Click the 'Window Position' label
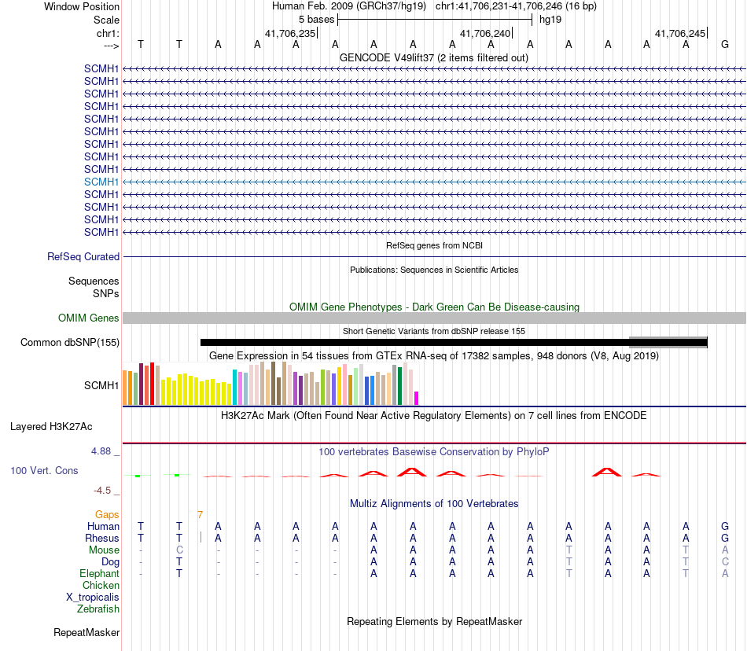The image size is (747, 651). pyautogui.click(x=82, y=6)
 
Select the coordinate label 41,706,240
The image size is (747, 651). pyautogui.click(x=485, y=33)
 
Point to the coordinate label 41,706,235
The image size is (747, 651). pyautogui.click(x=290, y=33)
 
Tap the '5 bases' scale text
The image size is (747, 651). pyautogui.click(x=316, y=20)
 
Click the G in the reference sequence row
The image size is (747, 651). pyautogui.click(x=724, y=44)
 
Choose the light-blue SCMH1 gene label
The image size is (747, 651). pyautogui.click(x=101, y=182)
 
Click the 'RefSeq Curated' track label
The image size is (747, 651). pyautogui.click(x=83, y=256)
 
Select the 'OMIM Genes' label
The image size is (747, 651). pyautogui.click(x=88, y=318)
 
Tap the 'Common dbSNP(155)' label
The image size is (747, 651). pyautogui.click(x=70, y=342)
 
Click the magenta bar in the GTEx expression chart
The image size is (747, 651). pyautogui.click(x=417, y=398)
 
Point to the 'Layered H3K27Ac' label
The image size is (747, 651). pyautogui.click(x=51, y=427)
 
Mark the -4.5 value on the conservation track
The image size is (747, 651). pyautogui.click(x=102, y=491)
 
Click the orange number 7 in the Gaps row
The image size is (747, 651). pyautogui.click(x=201, y=515)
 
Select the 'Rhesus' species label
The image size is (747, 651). pyautogui.click(x=103, y=539)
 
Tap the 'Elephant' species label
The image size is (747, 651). pyautogui.click(x=99, y=574)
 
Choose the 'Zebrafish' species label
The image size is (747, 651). pyautogui.click(x=98, y=609)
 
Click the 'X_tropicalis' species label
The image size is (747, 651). pyautogui.click(x=93, y=598)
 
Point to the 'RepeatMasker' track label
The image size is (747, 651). pyautogui.click(x=86, y=632)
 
